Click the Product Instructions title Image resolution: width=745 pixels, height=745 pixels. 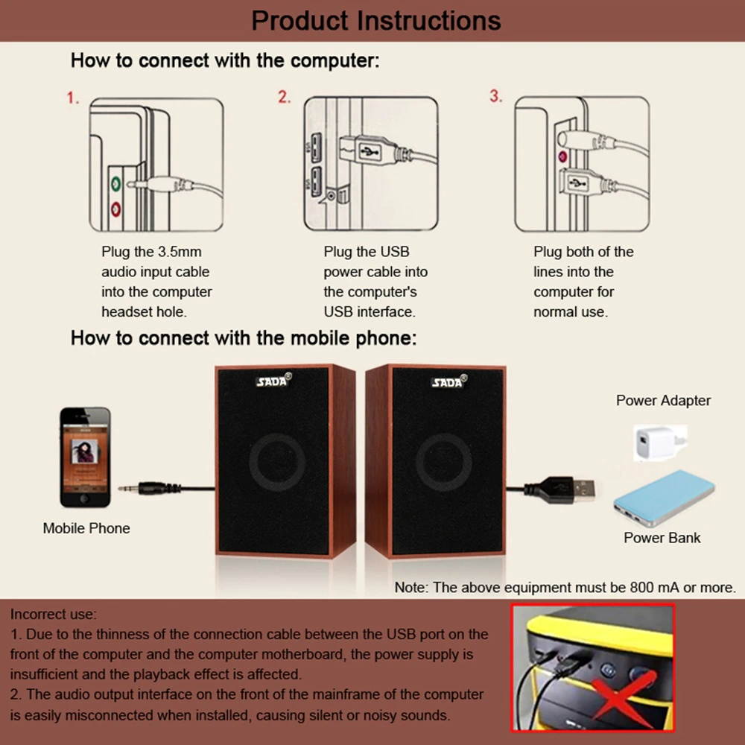[x=375, y=20]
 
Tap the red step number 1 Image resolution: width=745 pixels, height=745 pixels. [x=72, y=98]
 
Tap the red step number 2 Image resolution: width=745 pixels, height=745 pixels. [x=284, y=98]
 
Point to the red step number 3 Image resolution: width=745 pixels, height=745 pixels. [x=496, y=97]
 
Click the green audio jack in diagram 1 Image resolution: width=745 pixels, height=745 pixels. [x=115, y=183]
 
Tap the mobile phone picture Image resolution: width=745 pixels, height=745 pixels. [x=85, y=457]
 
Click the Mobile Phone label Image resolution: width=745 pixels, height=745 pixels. [x=86, y=528]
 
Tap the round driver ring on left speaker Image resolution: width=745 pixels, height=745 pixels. [x=277, y=462]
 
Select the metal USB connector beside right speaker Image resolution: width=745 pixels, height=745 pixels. [x=583, y=489]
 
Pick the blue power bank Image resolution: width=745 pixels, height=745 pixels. [x=663, y=498]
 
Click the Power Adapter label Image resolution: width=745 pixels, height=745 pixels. [x=663, y=400]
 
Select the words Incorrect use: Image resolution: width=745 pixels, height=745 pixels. [x=54, y=615]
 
